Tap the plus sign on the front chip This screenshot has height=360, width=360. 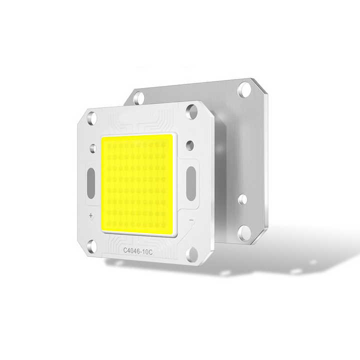coord(91,216)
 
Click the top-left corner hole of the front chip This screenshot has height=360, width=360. coord(91,118)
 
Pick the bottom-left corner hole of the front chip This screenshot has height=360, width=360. coord(91,245)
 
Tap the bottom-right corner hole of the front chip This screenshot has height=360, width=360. coord(192,253)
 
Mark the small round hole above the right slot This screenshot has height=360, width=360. coord(189,145)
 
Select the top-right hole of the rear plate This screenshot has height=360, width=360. coord(244,89)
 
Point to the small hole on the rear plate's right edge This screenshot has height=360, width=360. coord(242,199)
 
